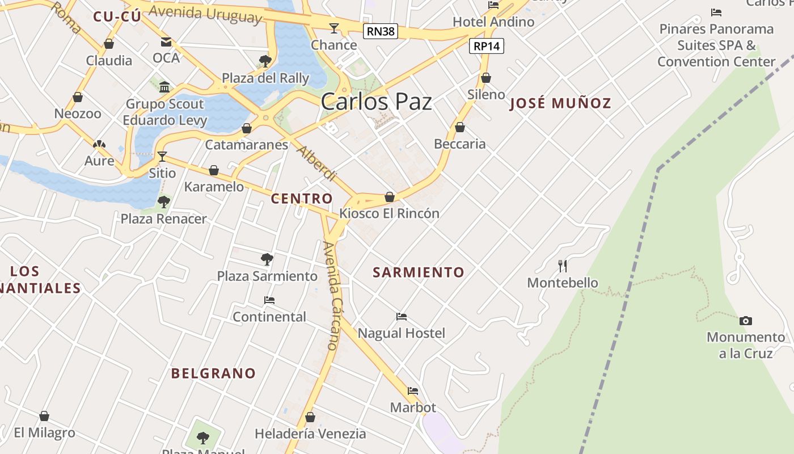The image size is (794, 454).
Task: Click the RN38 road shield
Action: [x=380, y=31]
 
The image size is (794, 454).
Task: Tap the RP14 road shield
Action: [x=487, y=46]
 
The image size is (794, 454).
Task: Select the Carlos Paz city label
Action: [x=376, y=102]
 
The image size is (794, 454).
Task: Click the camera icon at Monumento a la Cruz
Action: [x=746, y=321]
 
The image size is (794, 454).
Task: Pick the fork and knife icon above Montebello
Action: [x=563, y=266]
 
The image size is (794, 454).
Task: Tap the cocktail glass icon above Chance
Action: [x=334, y=28]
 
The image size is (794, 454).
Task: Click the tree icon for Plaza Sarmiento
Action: [x=267, y=259]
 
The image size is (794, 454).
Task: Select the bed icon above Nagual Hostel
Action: [x=402, y=316]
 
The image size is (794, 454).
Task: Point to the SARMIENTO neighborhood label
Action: [x=419, y=272]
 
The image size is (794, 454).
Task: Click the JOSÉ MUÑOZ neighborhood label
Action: [x=560, y=103]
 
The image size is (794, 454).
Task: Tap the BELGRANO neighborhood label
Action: [x=213, y=373]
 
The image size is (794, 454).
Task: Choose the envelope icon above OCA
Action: [x=166, y=41]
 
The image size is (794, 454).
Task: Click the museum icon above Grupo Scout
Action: [x=164, y=87]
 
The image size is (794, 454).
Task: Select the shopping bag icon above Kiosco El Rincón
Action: [x=390, y=197]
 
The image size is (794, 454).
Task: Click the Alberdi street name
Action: [x=316, y=163]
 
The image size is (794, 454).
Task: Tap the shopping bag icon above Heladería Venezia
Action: [x=310, y=417]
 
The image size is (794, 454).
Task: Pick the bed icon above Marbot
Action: [x=413, y=391]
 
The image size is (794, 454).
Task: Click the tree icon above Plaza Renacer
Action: [x=164, y=201]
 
